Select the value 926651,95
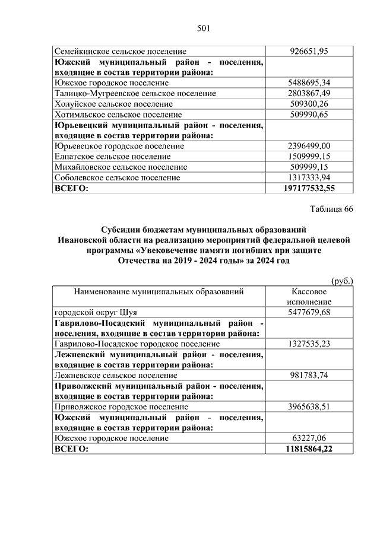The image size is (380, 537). [x=309, y=52]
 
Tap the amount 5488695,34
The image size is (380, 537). [x=309, y=82]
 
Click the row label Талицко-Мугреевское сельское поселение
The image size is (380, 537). [x=126, y=93]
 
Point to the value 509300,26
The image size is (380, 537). [x=309, y=104]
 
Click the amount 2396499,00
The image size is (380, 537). [x=309, y=146]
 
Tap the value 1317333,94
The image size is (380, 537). [x=309, y=177]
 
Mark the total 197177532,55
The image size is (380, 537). [x=309, y=188]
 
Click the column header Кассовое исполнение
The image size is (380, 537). [x=309, y=297]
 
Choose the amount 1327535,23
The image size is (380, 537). [x=309, y=344]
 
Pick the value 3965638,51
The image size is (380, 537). [x=309, y=407]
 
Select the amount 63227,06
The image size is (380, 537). [x=309, y=439]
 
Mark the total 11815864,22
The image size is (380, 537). [x=309, y=449]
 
